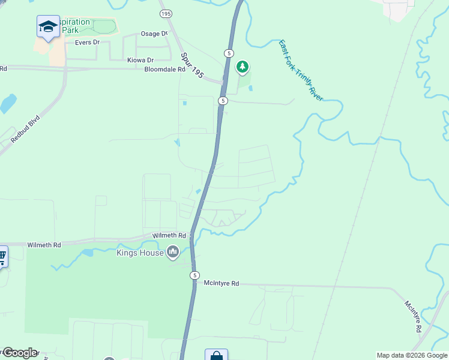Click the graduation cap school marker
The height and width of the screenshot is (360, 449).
tap(48, 26)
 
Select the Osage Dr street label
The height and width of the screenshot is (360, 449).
tap(154, 34)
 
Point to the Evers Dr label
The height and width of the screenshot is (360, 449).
tap(87, 43)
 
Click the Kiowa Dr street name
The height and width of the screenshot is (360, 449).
tap(140, 60)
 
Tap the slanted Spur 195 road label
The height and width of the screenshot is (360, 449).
tap(192, 65)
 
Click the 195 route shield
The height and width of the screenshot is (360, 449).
tap(166, 13)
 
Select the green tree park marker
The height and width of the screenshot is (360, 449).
tap(243, 67)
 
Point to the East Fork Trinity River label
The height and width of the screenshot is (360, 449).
tap(301, 71)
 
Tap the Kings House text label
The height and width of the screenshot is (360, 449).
tap(140, 253)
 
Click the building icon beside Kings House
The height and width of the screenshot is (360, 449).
tap(173, 252)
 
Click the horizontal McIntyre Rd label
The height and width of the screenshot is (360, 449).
tap(221, 283)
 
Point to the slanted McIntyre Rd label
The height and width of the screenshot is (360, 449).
tap(413, 317)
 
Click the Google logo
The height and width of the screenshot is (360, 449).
tap(20, 353)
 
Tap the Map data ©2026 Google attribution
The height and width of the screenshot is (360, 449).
tap(412, 355)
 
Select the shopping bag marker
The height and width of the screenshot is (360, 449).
tap(216, 356)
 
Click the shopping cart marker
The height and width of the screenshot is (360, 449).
tap(2, 257)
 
